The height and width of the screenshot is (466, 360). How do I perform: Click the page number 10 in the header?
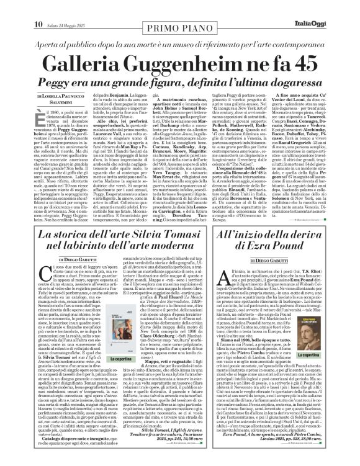tap(12, 7)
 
